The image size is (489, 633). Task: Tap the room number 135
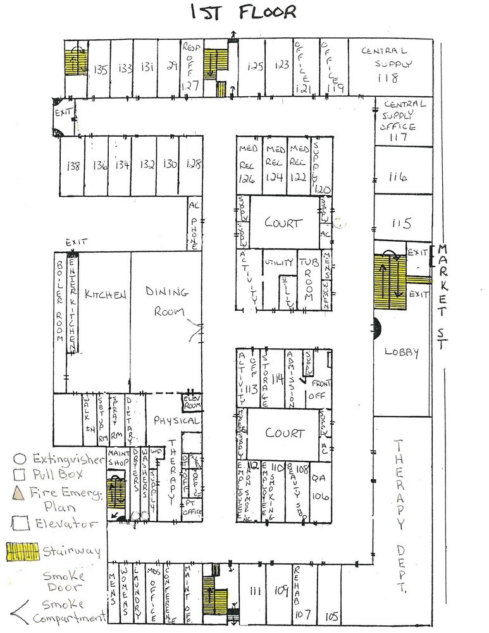click(100, 69)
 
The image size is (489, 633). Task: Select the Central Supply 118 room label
click(387, 64)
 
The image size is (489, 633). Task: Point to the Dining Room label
click(167, 301)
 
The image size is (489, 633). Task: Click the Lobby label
click(401, 353)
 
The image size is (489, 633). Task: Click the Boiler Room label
click(60, 301)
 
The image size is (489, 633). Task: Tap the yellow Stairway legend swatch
click(20, 551)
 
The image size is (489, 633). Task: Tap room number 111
click(256, 591)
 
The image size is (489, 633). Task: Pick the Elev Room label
click(191, 401)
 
